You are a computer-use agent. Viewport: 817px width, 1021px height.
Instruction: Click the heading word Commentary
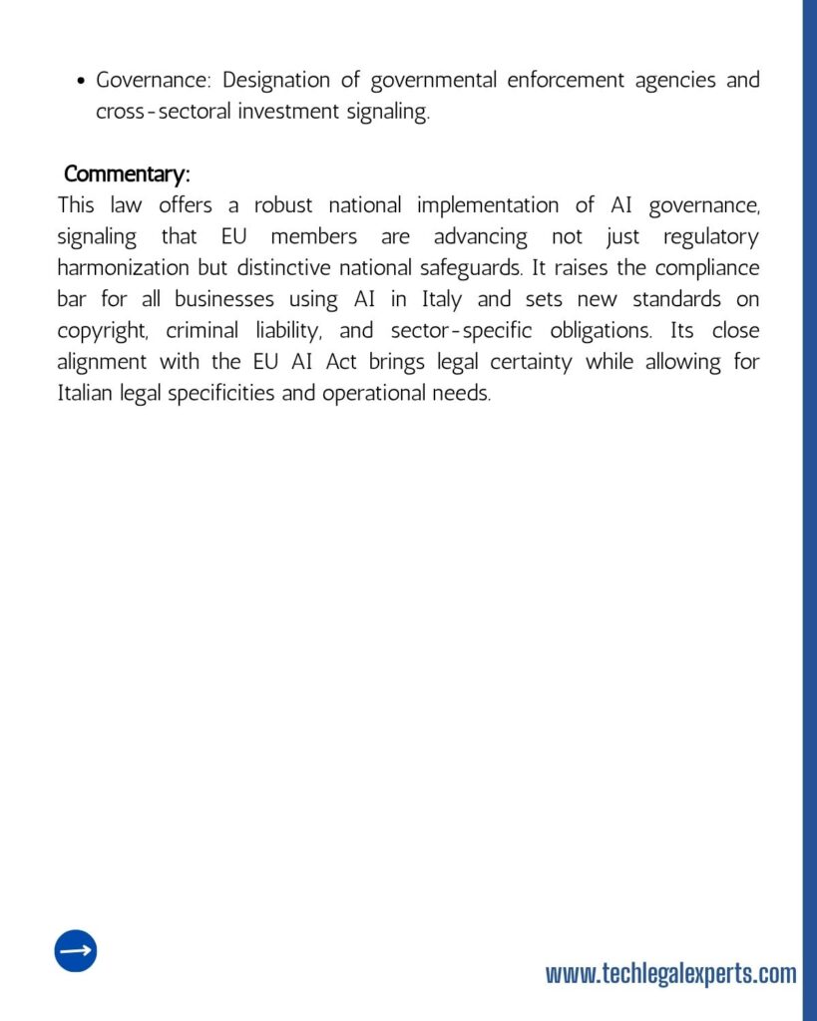coord(126,173)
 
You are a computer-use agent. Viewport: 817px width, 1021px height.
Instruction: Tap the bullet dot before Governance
coord(80,81)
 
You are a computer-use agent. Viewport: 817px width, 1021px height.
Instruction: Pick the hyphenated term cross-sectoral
coord(163,112)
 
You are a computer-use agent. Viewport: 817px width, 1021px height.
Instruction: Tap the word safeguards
coord(467,268)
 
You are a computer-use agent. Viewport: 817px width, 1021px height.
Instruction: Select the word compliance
coord(705,268)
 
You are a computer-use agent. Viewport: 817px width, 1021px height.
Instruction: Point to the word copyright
coord(103,331)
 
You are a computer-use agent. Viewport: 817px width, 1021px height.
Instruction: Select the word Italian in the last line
coord(86,393)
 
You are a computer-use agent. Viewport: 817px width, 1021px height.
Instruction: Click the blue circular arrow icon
coord(76,951)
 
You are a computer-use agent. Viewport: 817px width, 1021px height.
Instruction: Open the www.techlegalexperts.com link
coord(670,973)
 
